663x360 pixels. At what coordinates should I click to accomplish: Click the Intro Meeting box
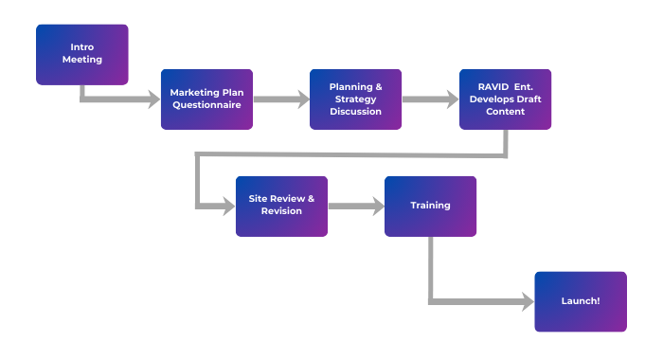pos(82,54)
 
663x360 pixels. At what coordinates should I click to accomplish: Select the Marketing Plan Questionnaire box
pos(206,99)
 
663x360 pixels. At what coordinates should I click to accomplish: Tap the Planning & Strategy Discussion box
pos(356,99)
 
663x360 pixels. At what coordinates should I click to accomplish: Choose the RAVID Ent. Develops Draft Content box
pos(506,99)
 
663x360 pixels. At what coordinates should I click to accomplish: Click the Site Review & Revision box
pos(281,206)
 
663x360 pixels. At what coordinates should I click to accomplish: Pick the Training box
pos(431,206)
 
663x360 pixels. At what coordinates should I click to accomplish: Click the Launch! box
pos(581,301)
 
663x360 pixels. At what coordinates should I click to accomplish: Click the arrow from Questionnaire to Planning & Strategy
pos(281,99)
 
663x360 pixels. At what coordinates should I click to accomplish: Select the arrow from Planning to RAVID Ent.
pos(431,99)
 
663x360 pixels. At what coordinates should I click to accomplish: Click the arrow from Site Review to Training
pos(356,206)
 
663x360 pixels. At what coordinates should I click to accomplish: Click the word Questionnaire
pos(206,105)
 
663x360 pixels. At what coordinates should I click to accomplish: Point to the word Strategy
pos(356,99)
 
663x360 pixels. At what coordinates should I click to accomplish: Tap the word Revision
pos(281,211)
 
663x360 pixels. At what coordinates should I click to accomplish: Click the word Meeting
pos(82,60)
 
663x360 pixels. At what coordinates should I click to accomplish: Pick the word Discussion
pos(356,111)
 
